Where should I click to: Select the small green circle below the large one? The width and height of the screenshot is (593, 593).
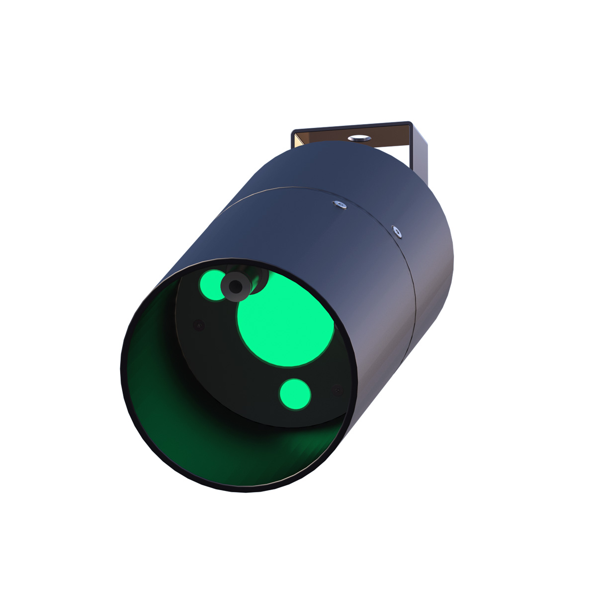click(295, 394)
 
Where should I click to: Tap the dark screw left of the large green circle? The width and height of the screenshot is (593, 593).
click(199, 326)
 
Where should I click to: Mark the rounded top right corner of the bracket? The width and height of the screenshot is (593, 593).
click(409, 124)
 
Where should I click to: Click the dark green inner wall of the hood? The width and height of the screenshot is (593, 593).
click(164, 398)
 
